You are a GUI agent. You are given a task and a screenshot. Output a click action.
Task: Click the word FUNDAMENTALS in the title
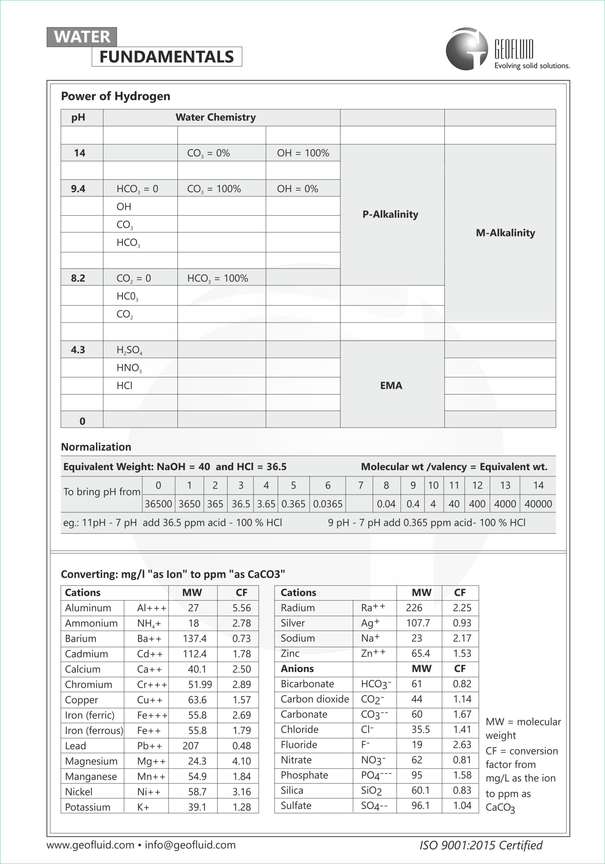167,57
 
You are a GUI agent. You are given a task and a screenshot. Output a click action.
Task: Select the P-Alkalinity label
390,215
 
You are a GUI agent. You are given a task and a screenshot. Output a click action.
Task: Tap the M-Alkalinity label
505,233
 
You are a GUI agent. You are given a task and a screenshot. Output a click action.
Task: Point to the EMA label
391,385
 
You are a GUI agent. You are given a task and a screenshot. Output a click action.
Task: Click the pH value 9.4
78,189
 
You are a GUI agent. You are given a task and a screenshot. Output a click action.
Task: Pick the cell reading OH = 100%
303,153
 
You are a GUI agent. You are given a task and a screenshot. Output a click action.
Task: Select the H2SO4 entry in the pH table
129,350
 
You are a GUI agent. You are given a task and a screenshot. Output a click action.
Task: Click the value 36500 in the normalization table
158,504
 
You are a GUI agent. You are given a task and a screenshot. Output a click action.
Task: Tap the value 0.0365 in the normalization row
328,504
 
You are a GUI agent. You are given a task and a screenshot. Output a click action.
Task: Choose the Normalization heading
96,447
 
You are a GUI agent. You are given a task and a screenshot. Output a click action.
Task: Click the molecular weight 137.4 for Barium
194,639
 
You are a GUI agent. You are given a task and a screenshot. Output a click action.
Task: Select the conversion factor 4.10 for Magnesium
241,761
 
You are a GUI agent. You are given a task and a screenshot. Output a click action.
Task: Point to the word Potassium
88,807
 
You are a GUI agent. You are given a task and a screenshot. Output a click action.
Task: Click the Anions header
297,669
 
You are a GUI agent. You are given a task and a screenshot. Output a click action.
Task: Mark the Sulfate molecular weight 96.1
420,805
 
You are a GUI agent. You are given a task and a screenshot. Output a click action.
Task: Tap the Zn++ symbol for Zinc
373,653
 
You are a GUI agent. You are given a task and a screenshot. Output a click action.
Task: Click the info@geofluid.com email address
190,845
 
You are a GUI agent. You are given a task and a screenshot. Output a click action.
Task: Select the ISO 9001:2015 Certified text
481,845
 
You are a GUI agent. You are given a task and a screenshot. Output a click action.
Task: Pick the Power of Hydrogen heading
115,96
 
